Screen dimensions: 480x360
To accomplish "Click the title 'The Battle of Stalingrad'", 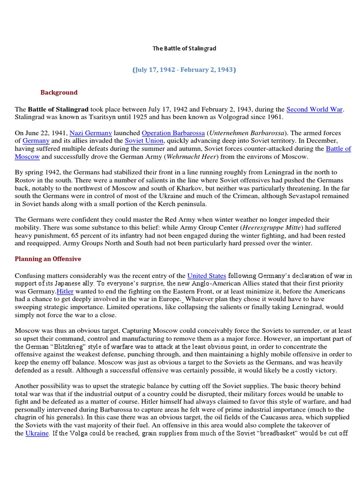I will (185, 48).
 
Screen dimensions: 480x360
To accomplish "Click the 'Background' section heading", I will (59, 92).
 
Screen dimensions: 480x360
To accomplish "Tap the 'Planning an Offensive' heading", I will (48, 259).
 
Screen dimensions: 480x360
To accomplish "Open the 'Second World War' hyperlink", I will (315, 109).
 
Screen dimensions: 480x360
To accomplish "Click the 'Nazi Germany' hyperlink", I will (90, 133).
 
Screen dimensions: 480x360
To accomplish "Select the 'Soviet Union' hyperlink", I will (144, 141).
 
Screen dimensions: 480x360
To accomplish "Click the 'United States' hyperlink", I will (207, 276).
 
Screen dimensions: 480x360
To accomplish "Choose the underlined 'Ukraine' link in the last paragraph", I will (37, 434).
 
